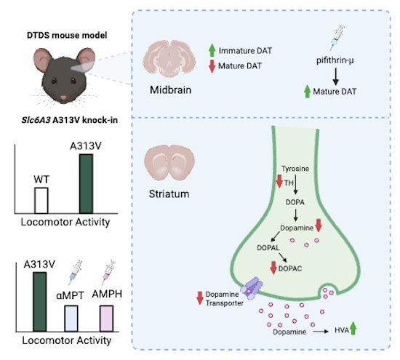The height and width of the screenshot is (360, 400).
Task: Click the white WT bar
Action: tap(41, 201)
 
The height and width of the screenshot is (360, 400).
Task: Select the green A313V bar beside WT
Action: tap(86, 184)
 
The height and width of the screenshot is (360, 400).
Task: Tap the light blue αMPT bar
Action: tap(71, 319)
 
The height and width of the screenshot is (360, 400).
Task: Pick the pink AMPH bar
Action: tap(106, 319)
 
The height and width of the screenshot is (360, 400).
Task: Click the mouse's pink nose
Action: tap(63, 97)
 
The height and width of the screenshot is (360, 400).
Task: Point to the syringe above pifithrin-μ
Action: tap(337, 38)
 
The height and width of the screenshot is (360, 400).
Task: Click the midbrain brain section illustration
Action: tap(169, 58)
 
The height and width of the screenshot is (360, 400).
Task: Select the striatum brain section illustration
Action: tap(169, 162)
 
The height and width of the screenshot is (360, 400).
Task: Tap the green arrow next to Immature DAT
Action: tap(212, 50)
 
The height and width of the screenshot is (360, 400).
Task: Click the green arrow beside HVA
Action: tap(353, 328)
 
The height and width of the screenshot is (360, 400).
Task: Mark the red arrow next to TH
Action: tap(279, 181)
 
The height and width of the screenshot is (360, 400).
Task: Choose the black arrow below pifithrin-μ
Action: tap(336, 76)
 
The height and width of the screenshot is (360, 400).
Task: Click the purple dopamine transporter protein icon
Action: tap(252, 289)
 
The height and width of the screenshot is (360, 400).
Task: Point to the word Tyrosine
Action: tap(295, 169)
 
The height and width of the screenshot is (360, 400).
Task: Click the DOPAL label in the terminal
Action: tap(268, 248)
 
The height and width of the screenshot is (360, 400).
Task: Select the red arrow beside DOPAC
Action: tap(273, 268)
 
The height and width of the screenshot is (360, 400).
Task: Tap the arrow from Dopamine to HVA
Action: tap(321, 332)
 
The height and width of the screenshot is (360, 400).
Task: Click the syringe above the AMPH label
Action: tap(108, 272)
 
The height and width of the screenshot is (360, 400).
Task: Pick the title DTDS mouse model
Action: tap(67, 35)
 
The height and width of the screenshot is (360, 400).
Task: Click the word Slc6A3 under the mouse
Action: tap(36, 120)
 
